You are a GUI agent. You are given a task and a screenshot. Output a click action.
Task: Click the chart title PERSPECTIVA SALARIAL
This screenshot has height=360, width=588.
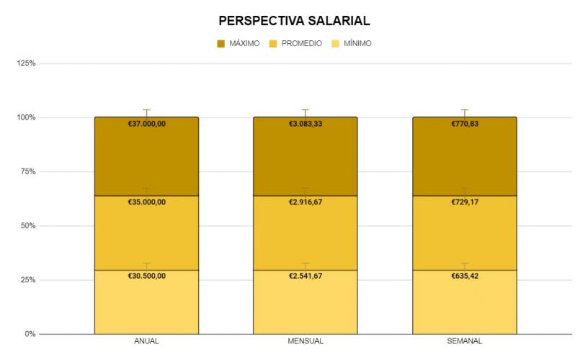pyautogui.click(x=294, y=21)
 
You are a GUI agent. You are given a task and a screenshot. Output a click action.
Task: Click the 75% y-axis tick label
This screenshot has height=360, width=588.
pyautogui.click(x=28, y=171)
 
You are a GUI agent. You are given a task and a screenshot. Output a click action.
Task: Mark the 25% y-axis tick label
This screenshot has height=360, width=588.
pyautogui.click(x=28, y=280)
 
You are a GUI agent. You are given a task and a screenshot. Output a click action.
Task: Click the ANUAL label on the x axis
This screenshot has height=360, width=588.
pyautogui.click(x=146, y=341)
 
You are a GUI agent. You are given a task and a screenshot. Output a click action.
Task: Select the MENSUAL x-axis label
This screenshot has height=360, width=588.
pyautogui.click(x=305, y=341)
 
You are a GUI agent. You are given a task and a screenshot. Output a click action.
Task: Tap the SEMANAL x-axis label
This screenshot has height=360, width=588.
pyautogui.click(x=464, y=341)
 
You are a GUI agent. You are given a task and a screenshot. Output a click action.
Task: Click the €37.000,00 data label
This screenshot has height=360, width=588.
pyautogui.click(x=146, y=124)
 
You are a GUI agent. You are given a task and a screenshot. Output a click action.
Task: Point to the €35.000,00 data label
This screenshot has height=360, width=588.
pyautogui.click(x=146, y=202)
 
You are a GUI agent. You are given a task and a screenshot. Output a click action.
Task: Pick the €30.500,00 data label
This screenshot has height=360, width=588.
pyautogui.click(x=146, y=276)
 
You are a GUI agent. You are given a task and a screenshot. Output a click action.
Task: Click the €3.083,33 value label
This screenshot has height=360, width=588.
pyautogui.click(x=305, y=124)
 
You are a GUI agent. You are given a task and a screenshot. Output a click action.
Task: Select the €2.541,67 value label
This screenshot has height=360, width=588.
pyautogui.click(x=305, y=276)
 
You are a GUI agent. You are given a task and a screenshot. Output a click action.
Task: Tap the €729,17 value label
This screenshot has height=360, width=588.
pyautogui.click(x=464, y=202)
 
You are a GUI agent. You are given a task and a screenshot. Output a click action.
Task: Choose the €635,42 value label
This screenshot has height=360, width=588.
pyautogui.click(x=464, y=276)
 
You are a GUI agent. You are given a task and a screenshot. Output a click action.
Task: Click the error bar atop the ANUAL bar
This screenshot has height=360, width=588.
pyautogui.click(x=146, y=112)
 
